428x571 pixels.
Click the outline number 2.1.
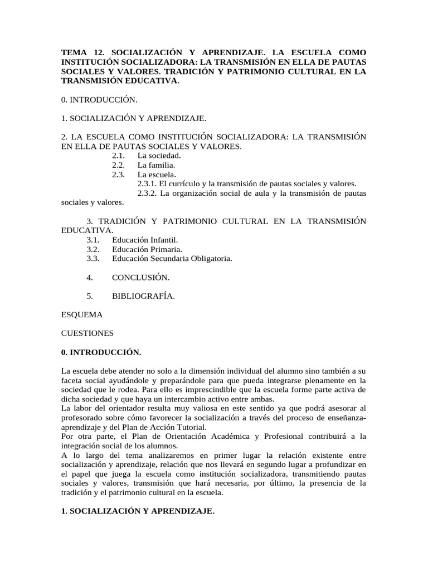coord(118,156)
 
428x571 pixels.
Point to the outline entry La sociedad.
coord(159,156)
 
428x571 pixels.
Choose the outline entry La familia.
coord(157,165)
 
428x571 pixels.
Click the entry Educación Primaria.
coord(147,249)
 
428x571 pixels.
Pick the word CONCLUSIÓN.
coord(140,277)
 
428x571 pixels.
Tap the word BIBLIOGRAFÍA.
coord(143,296)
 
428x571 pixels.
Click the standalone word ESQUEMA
coord(82,314)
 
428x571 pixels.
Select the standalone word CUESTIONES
coord(87,333)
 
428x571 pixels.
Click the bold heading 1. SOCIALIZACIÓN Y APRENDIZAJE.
coord(137,511)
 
